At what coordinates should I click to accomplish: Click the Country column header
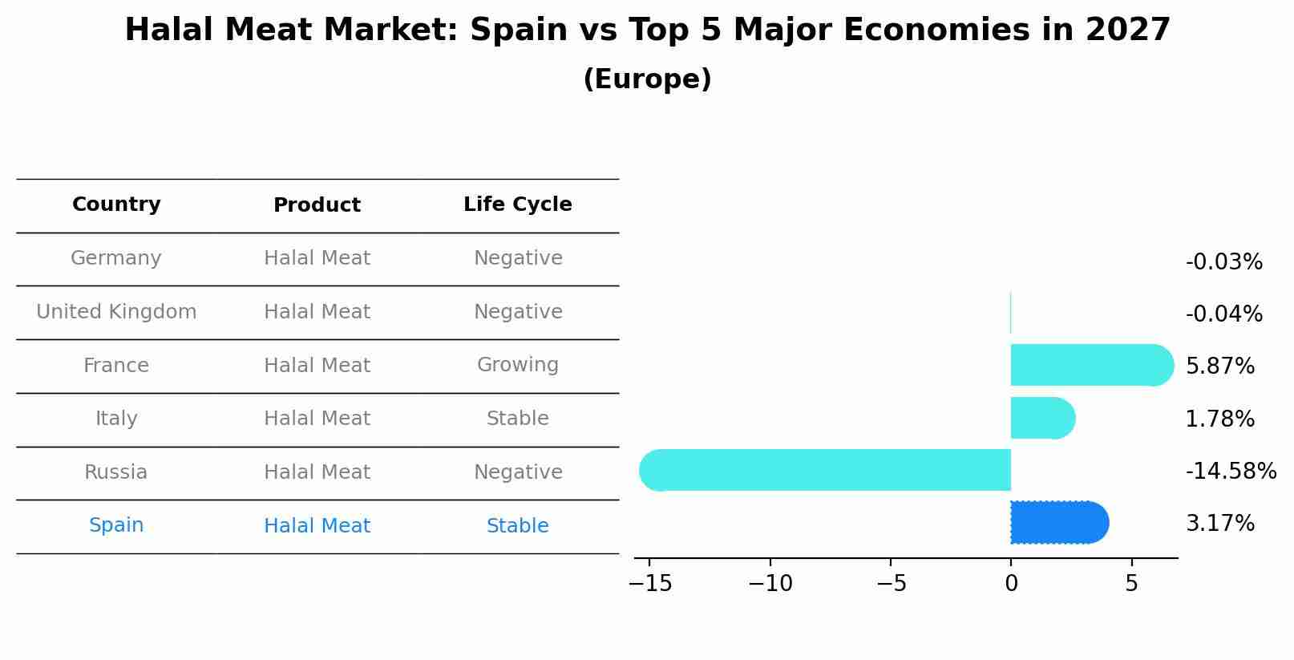click(116, 204)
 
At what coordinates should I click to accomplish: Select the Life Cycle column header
click(517, 204)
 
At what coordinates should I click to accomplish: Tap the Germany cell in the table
click(116, 258)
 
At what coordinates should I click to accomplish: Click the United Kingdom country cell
click(116, 312)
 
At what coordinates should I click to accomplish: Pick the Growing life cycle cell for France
click(517, 365)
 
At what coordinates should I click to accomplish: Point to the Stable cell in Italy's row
click(517, 419)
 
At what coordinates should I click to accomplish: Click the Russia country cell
click(116, 472)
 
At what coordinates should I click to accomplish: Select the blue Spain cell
click(116, 525)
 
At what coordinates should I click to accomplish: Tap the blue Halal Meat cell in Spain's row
click(317, 526)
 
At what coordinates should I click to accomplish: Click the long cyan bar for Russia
click(826, 470)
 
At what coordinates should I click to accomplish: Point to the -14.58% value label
click(1231, 471)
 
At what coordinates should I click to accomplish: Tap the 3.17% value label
click(1219, 524)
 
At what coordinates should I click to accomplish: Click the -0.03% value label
click(1223, 262)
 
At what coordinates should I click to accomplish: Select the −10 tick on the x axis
click(770, 584)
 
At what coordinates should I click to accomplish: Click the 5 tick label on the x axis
click(1131, 584)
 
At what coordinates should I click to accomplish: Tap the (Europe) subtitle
click(647, 79)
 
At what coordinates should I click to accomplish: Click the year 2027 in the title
click(1127, 30)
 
